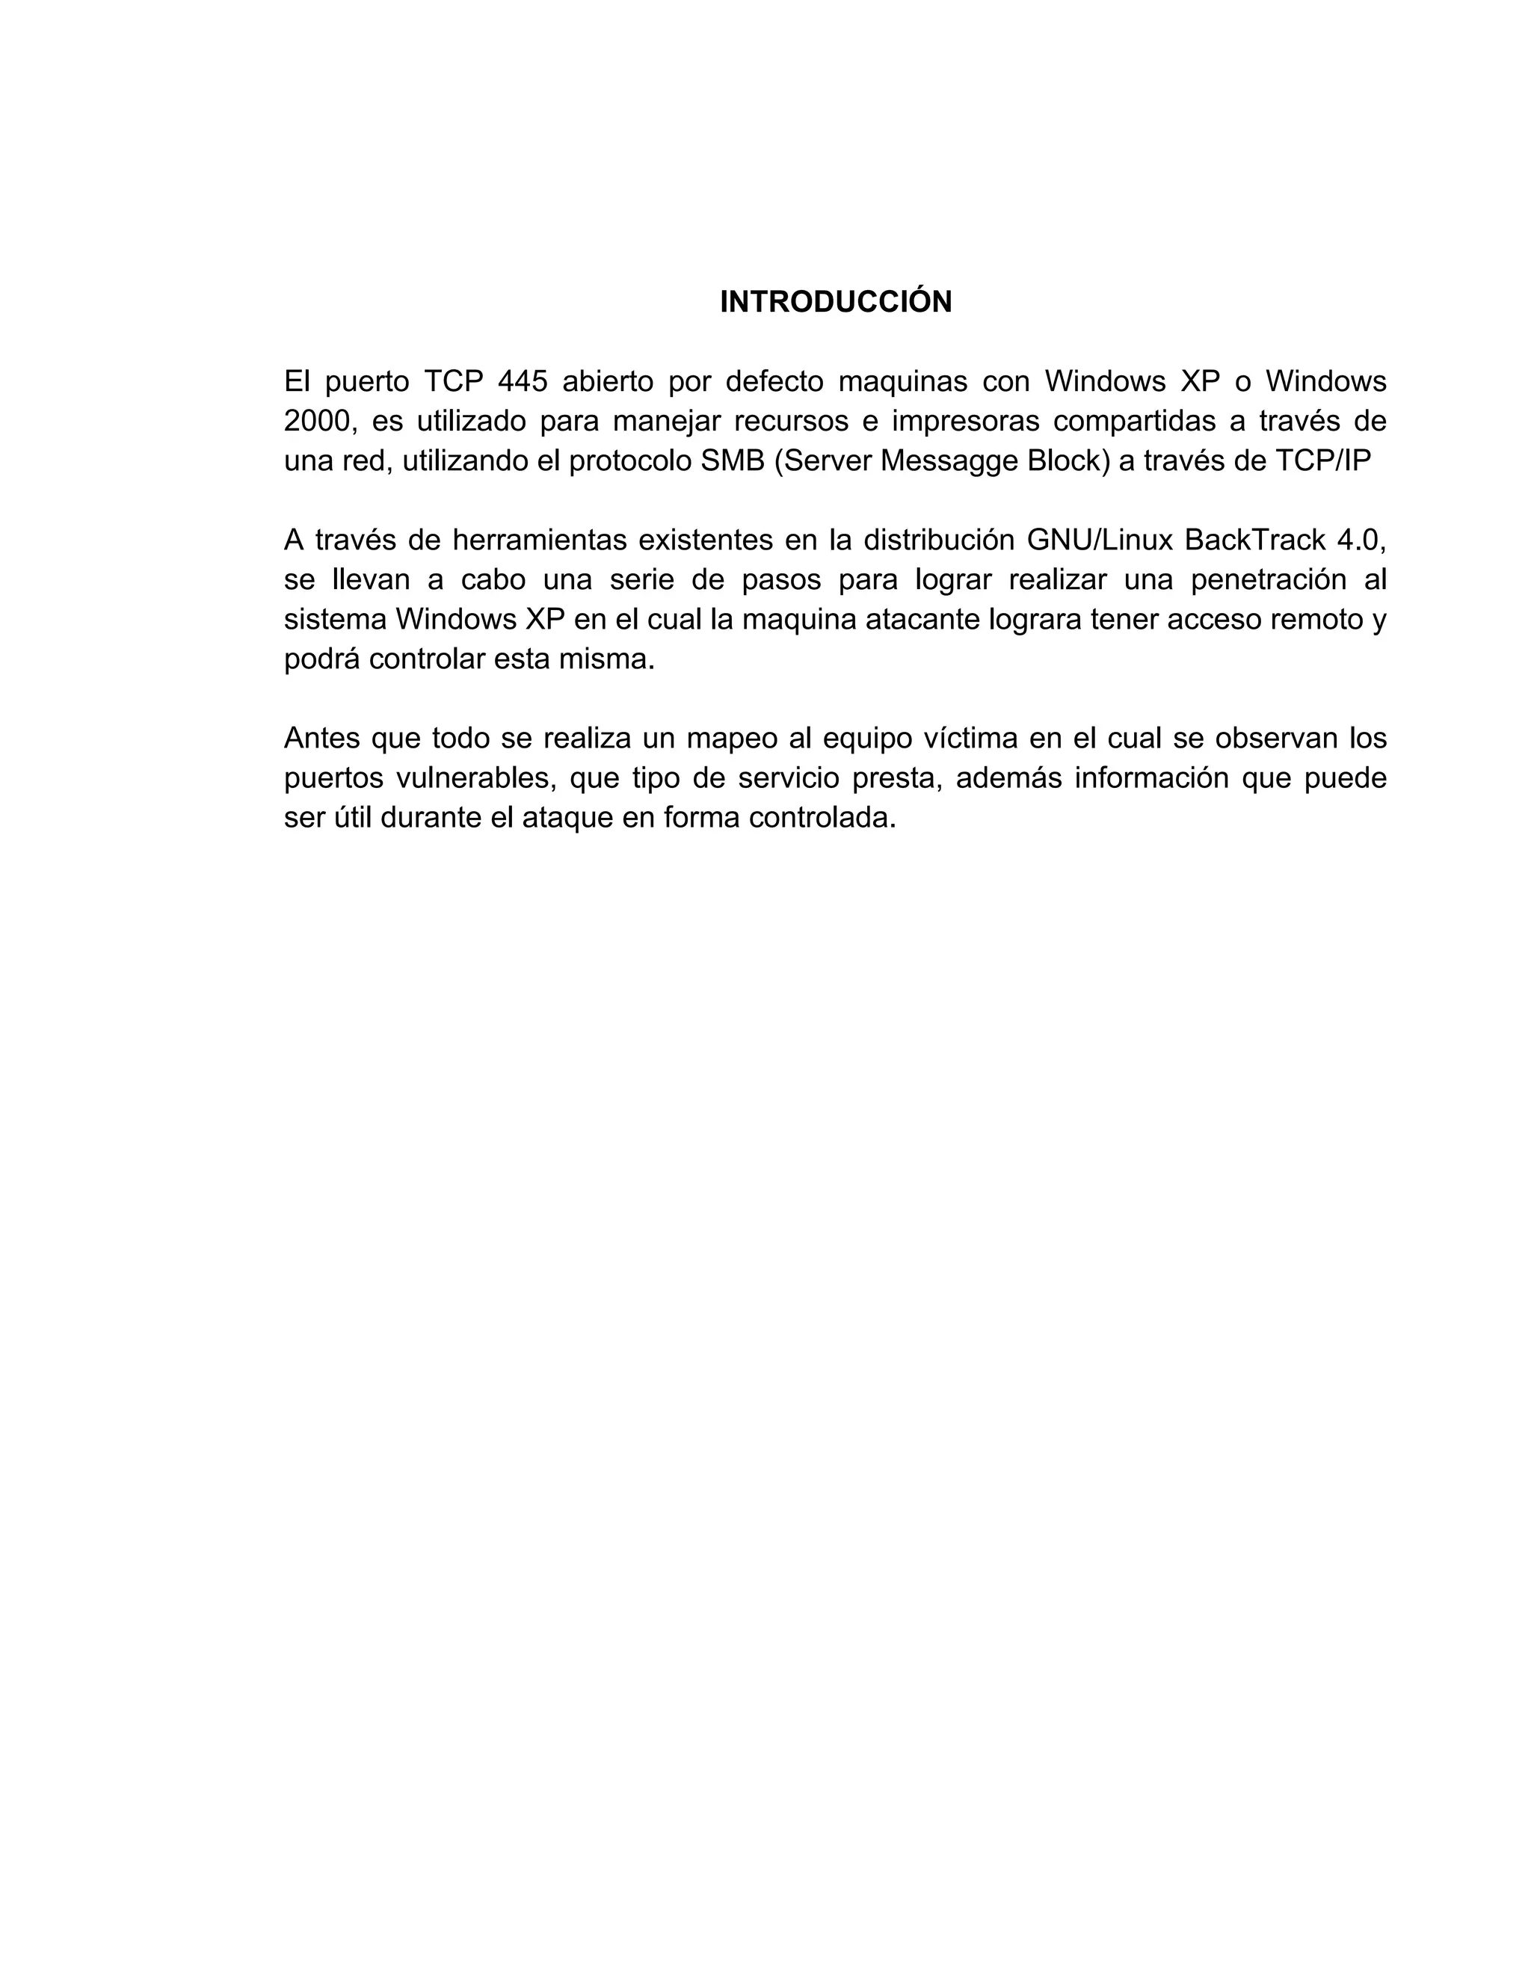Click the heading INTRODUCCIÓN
point(835,302)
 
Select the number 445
point(523,382)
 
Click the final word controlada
point(822,818)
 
